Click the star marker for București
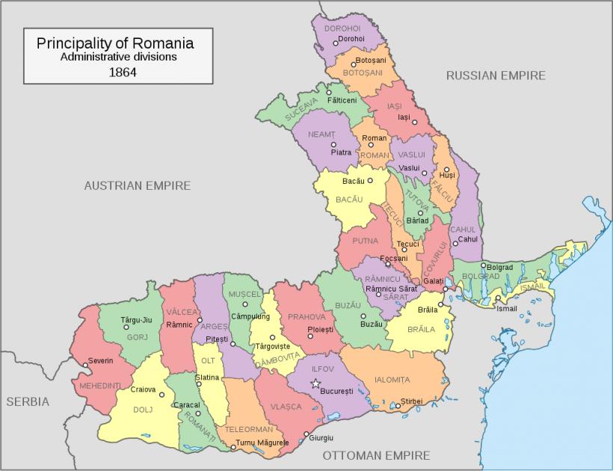click(315, 384)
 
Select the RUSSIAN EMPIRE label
click(496, 76)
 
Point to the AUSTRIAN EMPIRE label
click(137, 185)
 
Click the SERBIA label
click(28, 401)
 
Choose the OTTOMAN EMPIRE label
click(376, 455)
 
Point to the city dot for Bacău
click(370, 181)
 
